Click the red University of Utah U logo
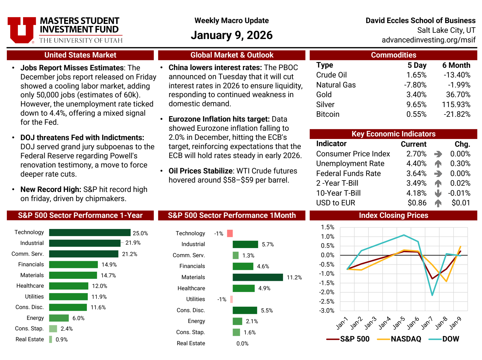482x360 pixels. [22, 30]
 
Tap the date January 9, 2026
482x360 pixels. [231, 35]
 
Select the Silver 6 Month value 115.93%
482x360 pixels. [456, 105]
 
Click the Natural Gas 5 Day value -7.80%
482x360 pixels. [415, 85]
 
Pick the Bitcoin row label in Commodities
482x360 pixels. [328, 114]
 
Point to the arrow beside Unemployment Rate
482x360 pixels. [438, 164]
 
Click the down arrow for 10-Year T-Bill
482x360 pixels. [438, 193]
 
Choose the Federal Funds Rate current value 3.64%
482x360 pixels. [416, 173]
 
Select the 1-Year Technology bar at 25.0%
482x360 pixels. [90, 233]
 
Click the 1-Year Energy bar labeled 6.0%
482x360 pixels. [59, 318]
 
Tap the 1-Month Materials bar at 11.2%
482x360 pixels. [258, 277]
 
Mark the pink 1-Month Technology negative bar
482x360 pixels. [230, 234]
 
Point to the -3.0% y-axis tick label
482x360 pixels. [327, 310]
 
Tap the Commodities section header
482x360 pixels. [393, 55]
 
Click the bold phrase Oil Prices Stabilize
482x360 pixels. [200, 171]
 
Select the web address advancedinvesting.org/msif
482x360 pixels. [428, 40]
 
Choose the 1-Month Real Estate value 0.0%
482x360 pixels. [242, 343]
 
